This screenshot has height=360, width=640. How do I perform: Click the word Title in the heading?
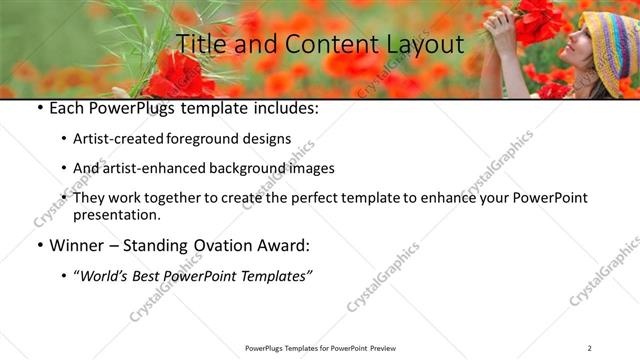point(200,44)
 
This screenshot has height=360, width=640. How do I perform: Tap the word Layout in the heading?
point(420,44)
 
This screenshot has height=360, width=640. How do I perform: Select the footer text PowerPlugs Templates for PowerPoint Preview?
point(319,347)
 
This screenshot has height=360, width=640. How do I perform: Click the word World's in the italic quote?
point(110,275)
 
